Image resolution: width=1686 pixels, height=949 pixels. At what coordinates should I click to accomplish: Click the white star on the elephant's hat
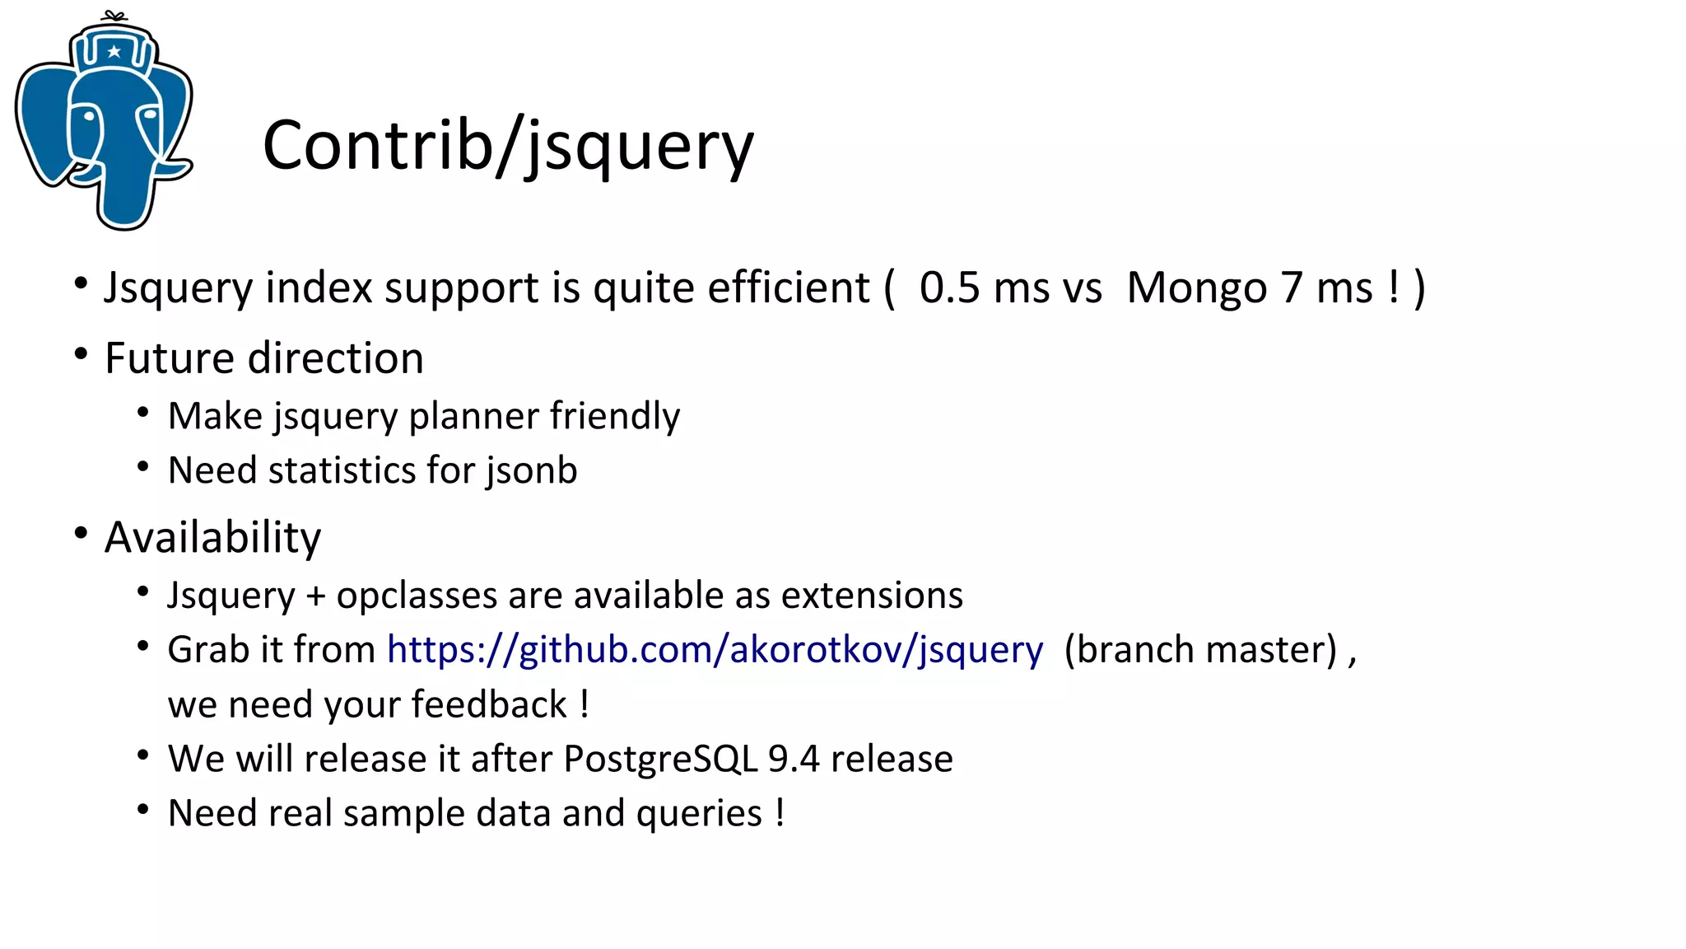[114, 52]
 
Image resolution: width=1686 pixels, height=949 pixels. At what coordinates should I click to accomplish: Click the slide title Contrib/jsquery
[508, 146]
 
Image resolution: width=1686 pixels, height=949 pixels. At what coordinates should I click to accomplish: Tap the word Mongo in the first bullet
[1196, 288]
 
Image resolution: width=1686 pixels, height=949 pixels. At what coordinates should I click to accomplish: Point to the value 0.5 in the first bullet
[949, 288]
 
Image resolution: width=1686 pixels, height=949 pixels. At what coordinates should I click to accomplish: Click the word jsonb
[531, 470]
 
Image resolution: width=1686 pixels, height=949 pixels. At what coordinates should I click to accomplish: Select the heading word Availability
[212, 538]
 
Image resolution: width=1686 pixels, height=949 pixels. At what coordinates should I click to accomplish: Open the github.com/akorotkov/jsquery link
[715, 650]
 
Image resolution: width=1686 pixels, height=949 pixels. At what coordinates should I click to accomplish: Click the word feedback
[489, 705]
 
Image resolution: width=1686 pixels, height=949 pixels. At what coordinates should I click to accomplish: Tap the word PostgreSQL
[660, 759]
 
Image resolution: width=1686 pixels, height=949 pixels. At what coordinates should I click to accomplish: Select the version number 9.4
[793, 759]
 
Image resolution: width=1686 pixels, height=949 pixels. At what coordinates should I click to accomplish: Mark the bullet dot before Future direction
[81, 355]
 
